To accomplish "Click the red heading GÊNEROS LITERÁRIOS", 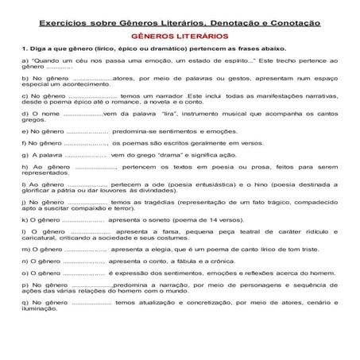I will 180,37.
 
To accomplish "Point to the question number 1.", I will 25,50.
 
